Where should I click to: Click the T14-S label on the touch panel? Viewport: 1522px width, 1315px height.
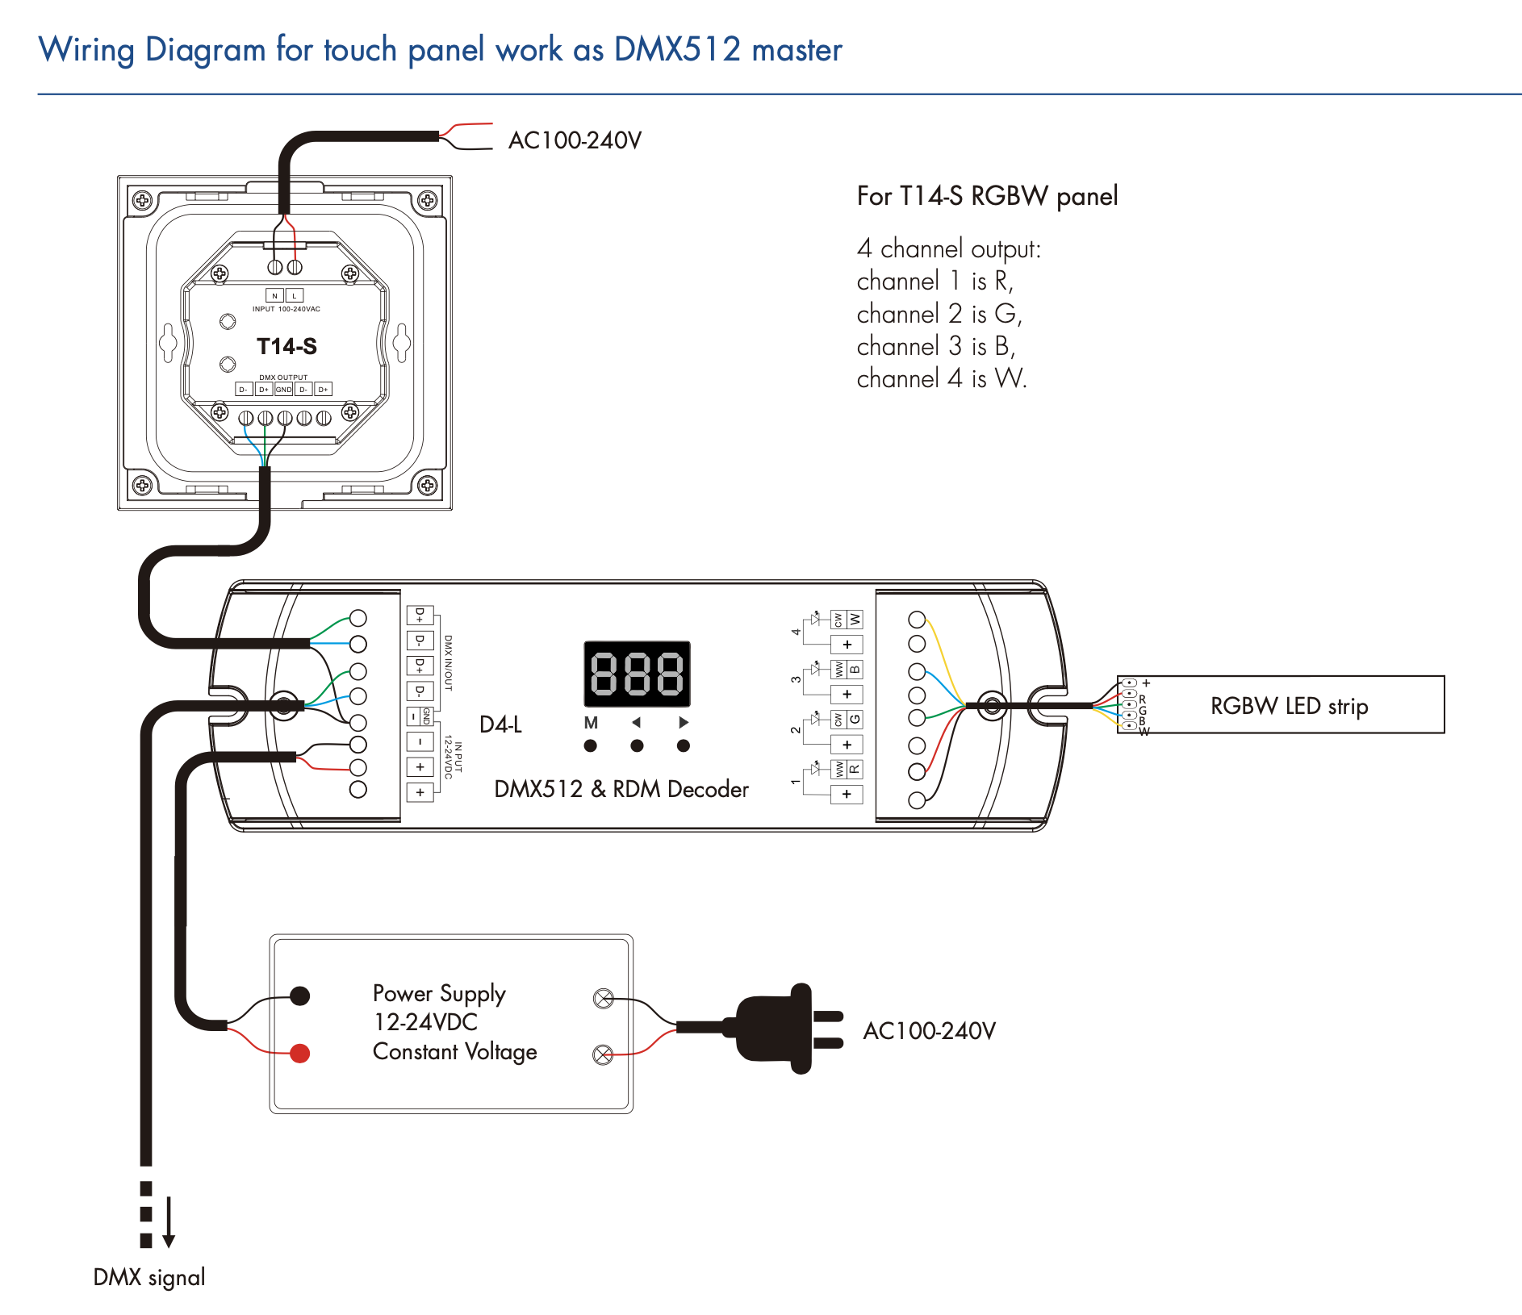pos(286,347)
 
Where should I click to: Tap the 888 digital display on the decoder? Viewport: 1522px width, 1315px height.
pos(637,674)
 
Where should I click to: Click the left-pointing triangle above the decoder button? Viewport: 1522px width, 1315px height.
pos(637,722)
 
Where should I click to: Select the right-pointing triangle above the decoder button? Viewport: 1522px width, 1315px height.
pos(684,722)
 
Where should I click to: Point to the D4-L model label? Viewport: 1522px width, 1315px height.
pos(500,724)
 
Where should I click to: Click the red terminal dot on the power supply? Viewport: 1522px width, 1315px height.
pos(300,1053)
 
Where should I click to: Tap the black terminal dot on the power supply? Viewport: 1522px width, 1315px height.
pos(300,996)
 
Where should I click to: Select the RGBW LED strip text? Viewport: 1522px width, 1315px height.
pos(1289,706)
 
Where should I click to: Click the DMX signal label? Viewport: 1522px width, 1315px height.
pos(149,1277)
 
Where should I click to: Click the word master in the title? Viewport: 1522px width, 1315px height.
pos(797,50)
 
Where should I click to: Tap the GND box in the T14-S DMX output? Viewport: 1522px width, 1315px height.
pos(283,390)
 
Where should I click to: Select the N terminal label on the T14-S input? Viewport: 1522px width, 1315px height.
pos(274,295)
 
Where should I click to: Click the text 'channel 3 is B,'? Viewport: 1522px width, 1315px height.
pos(935,346)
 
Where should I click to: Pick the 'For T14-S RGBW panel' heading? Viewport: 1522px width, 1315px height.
pos(987,196)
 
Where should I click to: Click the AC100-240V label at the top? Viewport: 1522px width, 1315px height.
pos(575,140)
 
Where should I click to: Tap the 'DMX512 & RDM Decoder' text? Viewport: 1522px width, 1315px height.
pos(621,789)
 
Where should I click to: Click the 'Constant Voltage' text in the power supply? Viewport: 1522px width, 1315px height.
pos(454,1052)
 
